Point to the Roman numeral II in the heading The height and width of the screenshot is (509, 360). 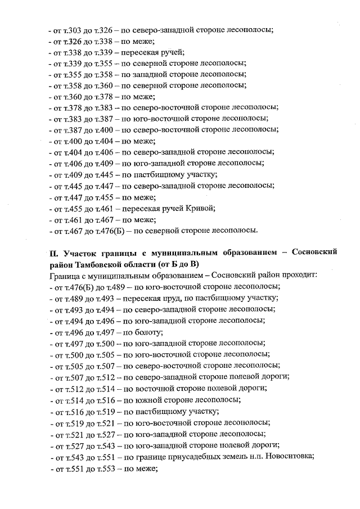point(53,253)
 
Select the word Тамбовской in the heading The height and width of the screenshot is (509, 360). point(99,264)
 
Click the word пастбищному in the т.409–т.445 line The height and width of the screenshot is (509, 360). point(156,174)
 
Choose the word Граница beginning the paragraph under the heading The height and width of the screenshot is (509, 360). point(66,275)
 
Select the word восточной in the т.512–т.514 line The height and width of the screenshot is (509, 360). point(156,389)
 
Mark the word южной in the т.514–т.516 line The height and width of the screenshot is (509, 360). point(148,400)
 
